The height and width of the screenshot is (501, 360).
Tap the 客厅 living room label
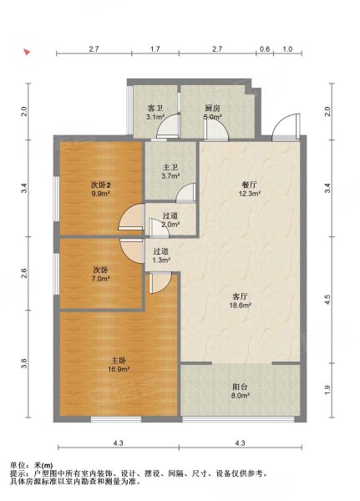[x=240, y=296]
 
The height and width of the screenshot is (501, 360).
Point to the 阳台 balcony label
[x=240, y=387]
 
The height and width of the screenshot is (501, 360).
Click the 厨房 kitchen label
[x=213, y=109]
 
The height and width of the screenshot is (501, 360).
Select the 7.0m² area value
[x=101, y=279]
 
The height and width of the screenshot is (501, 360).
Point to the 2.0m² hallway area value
[x=170, y=225]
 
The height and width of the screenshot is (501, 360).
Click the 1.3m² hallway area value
[x=161, y=260]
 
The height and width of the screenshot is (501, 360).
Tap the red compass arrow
[x=28, y=52]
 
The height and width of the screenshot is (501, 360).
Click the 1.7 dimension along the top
[x=155, y=49]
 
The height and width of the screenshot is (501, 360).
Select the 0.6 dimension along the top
[x=265, y=49]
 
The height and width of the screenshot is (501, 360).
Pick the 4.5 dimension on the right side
[x=327, y=299]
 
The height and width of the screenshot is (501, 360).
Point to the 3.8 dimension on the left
[x=24, y=363]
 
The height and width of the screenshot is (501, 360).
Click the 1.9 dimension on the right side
[x=327, y=390]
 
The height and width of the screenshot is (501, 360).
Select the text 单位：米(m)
[x=32, y=465]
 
